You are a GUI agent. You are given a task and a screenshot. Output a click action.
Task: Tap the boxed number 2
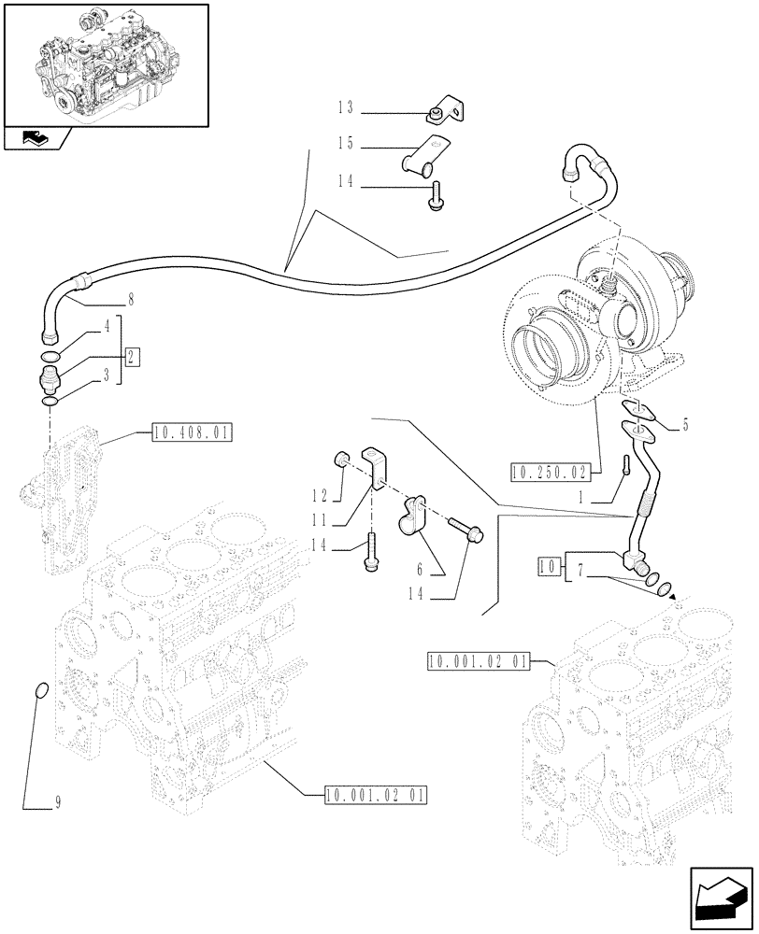click(134, 356)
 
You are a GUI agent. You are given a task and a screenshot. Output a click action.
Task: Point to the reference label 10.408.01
click(191, 433)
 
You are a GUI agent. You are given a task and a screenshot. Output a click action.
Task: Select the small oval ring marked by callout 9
click(39, 691)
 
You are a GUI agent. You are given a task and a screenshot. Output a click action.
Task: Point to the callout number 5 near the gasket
click(685, 425)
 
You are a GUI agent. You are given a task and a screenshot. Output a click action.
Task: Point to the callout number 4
click(107, 329)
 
